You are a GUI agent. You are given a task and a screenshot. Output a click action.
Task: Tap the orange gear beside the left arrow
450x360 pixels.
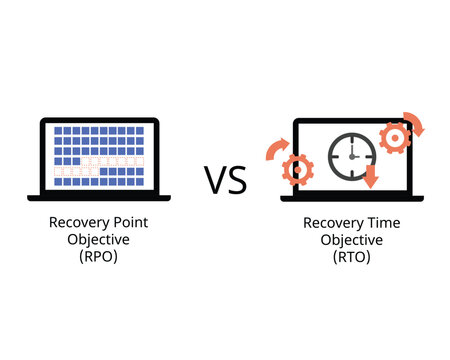coord(298,168)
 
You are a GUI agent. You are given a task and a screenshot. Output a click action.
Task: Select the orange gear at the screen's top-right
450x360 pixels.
coord(395,136)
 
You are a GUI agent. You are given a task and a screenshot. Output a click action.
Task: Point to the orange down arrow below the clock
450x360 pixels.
coord(371,177)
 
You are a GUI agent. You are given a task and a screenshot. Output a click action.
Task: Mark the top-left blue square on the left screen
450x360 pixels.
coord(58,130)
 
